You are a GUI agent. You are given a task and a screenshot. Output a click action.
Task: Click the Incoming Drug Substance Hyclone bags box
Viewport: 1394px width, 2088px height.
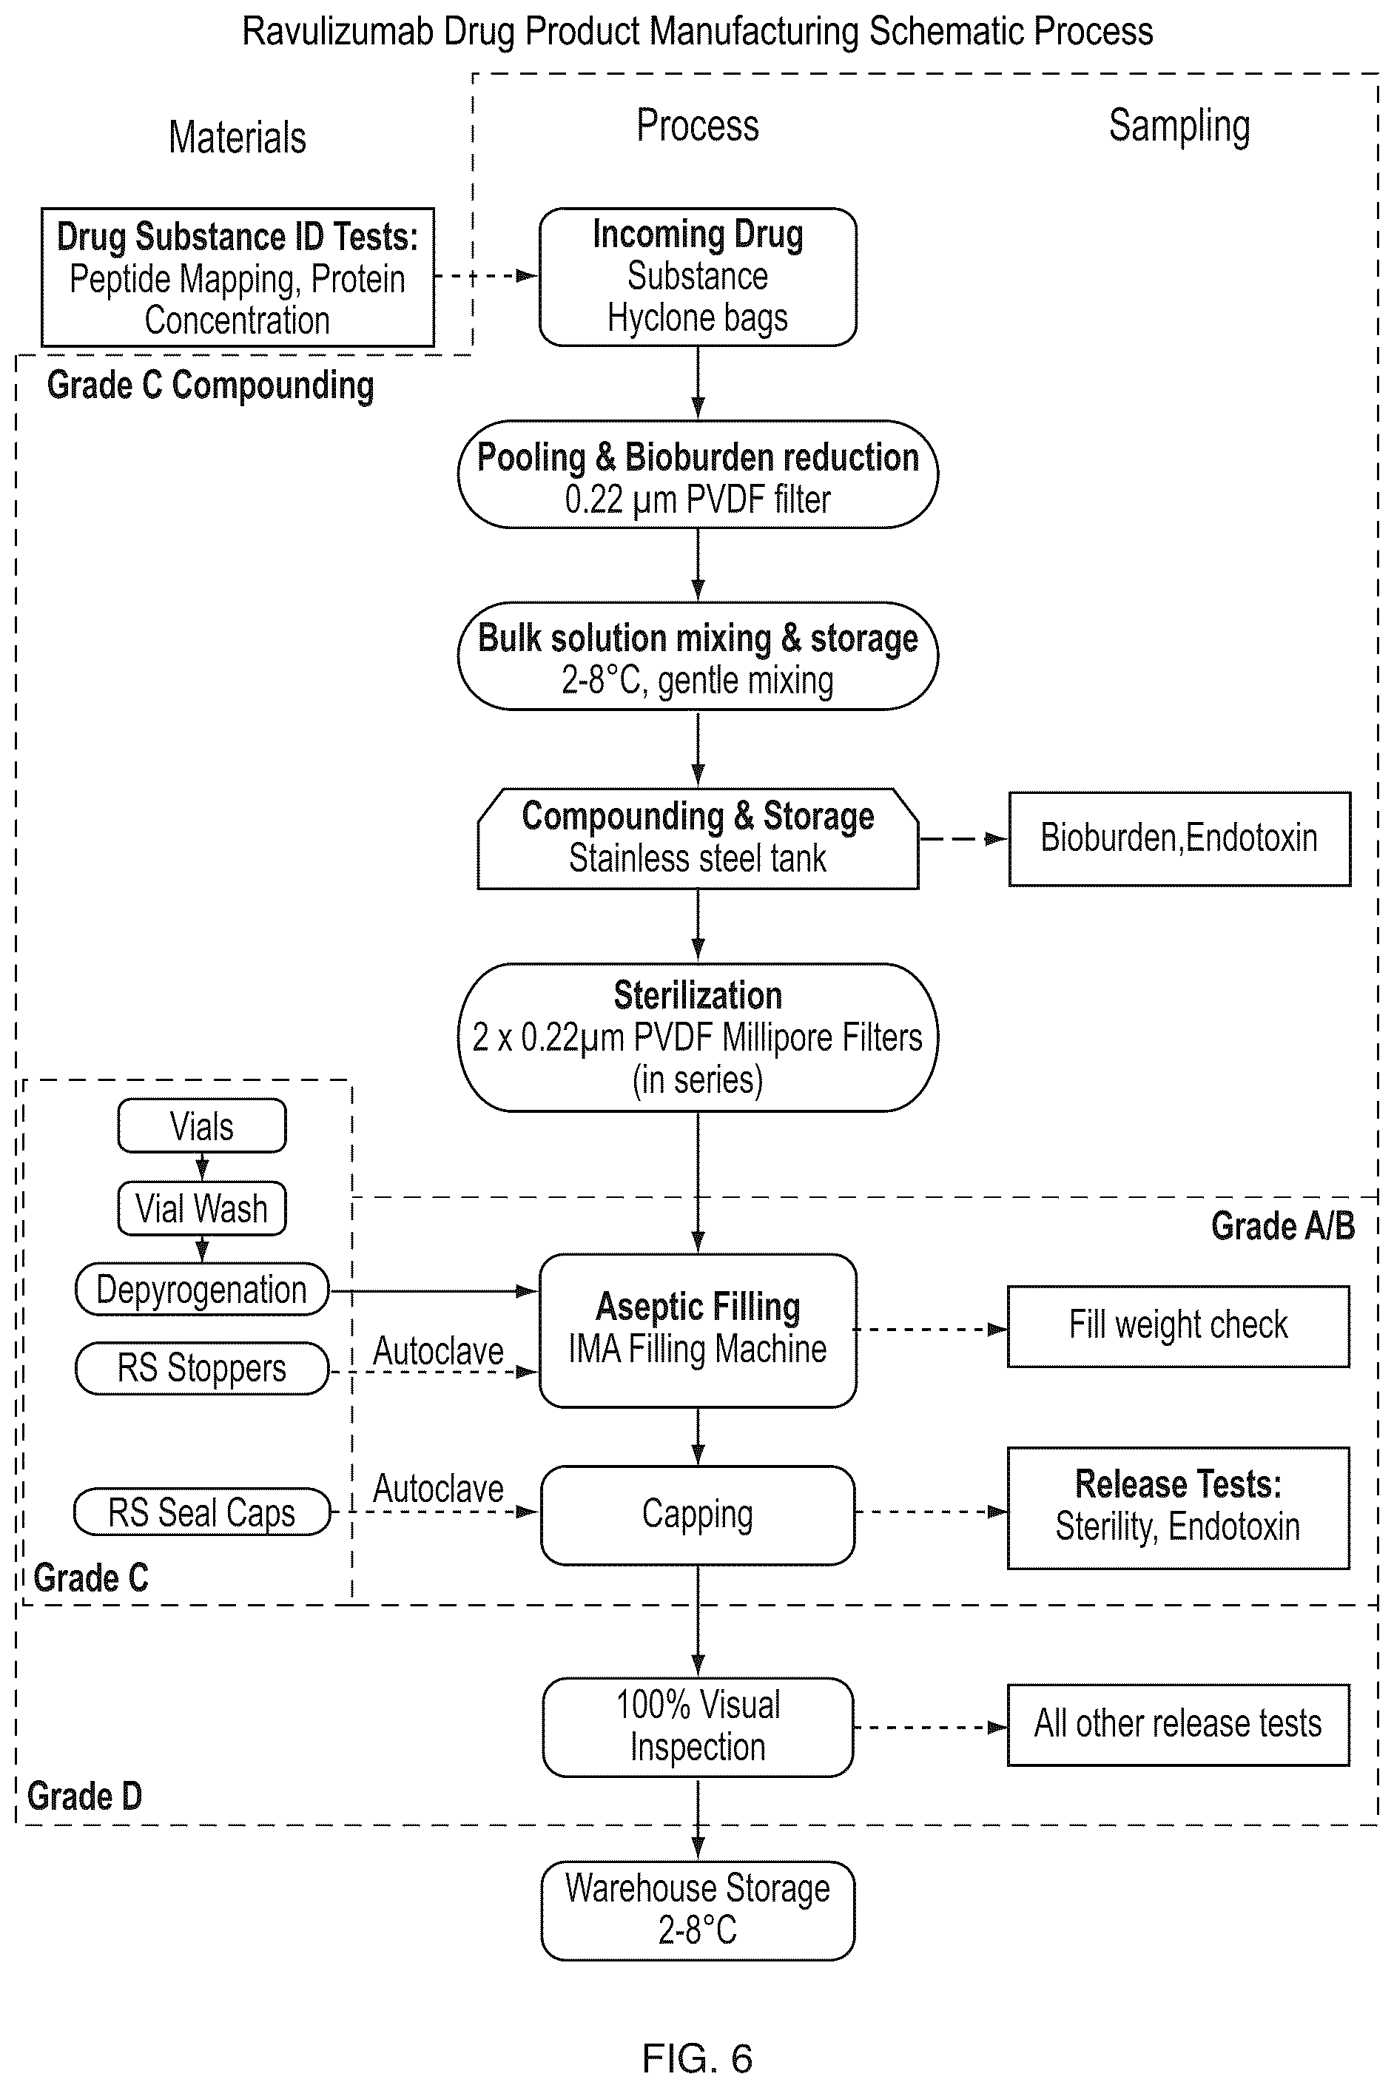pyautogui.click(x=698, y=277)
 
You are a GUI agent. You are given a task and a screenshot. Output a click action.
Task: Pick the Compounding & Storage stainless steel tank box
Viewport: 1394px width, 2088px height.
pyautogui.click(x=698, y=838)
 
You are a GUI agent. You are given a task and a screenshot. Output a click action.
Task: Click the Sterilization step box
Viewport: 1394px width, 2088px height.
pyautogui.click(x=698, y=1037)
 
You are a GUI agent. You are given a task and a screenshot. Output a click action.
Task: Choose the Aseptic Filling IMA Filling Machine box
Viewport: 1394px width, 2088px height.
pyautogui.click(x=698, y=1330)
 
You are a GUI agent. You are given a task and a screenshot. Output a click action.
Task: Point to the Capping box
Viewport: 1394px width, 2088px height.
pyautogui.click(x=698, y=1515)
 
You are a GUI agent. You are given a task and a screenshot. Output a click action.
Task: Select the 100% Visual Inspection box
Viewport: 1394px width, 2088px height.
pyautogui.click(x=698, y=1727)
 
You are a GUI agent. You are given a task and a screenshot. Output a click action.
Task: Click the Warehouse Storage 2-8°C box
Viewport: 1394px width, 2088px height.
pyautogui.click(x=698, y=1910)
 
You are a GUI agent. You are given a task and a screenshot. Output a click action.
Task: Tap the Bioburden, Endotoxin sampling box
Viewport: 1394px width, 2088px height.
pyautogui.click(x=1179, y=838)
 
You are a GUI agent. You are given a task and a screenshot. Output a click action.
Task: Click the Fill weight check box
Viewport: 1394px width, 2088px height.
pyautogui.click(x=1178, y=1325)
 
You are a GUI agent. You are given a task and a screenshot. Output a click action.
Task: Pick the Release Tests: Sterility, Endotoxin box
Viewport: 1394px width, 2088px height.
pyautogui.click(x=1178, y=1508)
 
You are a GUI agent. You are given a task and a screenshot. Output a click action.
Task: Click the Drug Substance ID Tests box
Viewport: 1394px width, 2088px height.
pyautogui.click(x=238, y=277)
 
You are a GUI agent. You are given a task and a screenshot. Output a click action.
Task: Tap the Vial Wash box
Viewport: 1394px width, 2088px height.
pyautogui.click(x=202, y=1208)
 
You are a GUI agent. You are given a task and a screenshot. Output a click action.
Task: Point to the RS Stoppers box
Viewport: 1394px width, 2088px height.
pyautogui.click(x=202, y=1368)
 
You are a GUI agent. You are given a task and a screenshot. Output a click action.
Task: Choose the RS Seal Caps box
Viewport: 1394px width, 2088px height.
pyautogui.click(x=202, y=1512)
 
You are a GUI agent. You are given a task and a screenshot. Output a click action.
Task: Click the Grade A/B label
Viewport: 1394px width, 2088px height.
pyautogui.click(x=1283, y=1227)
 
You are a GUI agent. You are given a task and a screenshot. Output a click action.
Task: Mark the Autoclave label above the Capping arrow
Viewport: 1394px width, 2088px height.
pyautogui.click(x=438, y=1489)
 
